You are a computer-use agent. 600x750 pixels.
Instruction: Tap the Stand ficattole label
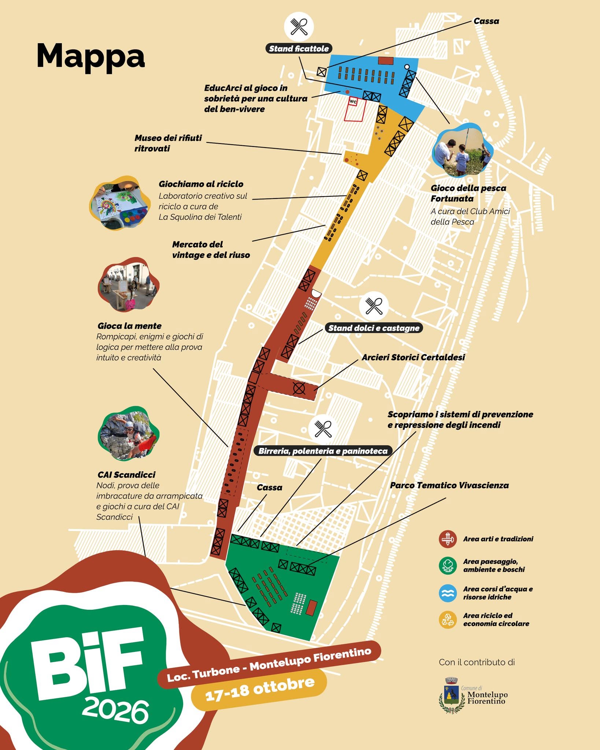(x=299, y=49)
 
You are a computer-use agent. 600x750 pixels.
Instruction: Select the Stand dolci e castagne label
(x=374, y=328)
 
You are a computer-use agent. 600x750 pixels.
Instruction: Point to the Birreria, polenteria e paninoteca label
(x=323, y=451)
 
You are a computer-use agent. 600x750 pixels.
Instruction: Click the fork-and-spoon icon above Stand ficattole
(x=299, y=26)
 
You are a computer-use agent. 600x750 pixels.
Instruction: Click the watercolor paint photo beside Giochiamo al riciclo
(x=121, y=203)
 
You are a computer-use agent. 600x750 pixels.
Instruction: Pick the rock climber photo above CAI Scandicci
(x=129, y=434)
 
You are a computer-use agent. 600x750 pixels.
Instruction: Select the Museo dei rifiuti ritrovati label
(x=168, y=143)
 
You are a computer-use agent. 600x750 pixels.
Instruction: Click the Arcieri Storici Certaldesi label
(x=413, y=357)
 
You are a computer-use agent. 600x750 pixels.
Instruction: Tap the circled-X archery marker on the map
(x=299, y=388)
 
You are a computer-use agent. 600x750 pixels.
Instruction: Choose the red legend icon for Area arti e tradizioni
(x=448, y=539)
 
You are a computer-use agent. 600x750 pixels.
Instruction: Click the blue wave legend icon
(x=448, y=593)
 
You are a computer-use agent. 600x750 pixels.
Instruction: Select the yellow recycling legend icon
(x=448, y=620)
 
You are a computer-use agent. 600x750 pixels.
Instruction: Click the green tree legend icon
(x=448, y=565)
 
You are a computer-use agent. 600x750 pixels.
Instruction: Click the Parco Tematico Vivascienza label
(x=449, y=485)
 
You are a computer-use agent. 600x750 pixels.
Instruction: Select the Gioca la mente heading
(x=130, y=326)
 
